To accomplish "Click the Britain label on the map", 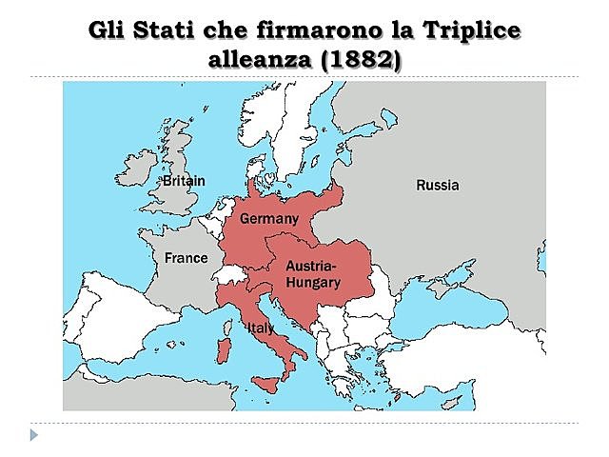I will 183,180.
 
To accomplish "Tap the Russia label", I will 437,185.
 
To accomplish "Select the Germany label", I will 269,219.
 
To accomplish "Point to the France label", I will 186,258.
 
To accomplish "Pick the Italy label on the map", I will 261,328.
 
